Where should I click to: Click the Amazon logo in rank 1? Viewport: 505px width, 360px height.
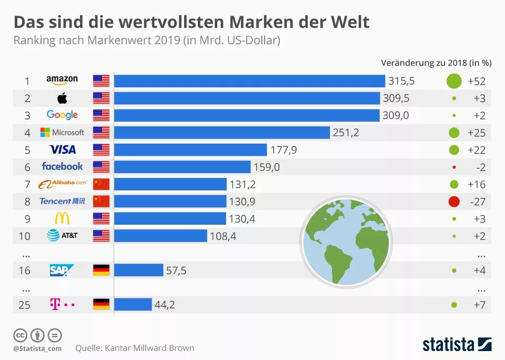[x=62, y=80]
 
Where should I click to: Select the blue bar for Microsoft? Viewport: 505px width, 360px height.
[x=221, y=132]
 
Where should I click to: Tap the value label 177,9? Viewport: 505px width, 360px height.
[x=284, y=150]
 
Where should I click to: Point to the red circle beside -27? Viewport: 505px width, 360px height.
[x=453, y=201]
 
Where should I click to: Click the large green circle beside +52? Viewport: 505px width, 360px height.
[x=453, y=81]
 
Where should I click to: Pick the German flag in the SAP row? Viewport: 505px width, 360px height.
[x=101, y=270]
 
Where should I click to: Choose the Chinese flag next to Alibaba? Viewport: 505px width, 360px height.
[x=101, y=184]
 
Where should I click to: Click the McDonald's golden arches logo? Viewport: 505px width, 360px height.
[x=62, y=218]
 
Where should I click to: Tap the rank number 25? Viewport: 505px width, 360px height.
[x=24, y=305]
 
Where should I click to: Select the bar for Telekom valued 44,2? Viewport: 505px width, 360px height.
[x=133, y=304]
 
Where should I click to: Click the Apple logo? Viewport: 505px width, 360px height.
[x=62, y=98]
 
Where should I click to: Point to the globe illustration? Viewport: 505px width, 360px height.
[x=346, y=242]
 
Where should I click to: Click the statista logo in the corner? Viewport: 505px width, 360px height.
[x=456, y=344]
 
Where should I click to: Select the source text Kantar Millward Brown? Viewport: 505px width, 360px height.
[x=149, y=348]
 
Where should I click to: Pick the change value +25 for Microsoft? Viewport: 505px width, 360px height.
[x=476, y=133]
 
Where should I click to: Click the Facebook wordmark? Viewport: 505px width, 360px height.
[x=62, y=166]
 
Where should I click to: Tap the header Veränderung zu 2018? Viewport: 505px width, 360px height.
[x=423, y=63]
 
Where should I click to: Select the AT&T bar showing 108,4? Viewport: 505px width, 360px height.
[x=160, y=236]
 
